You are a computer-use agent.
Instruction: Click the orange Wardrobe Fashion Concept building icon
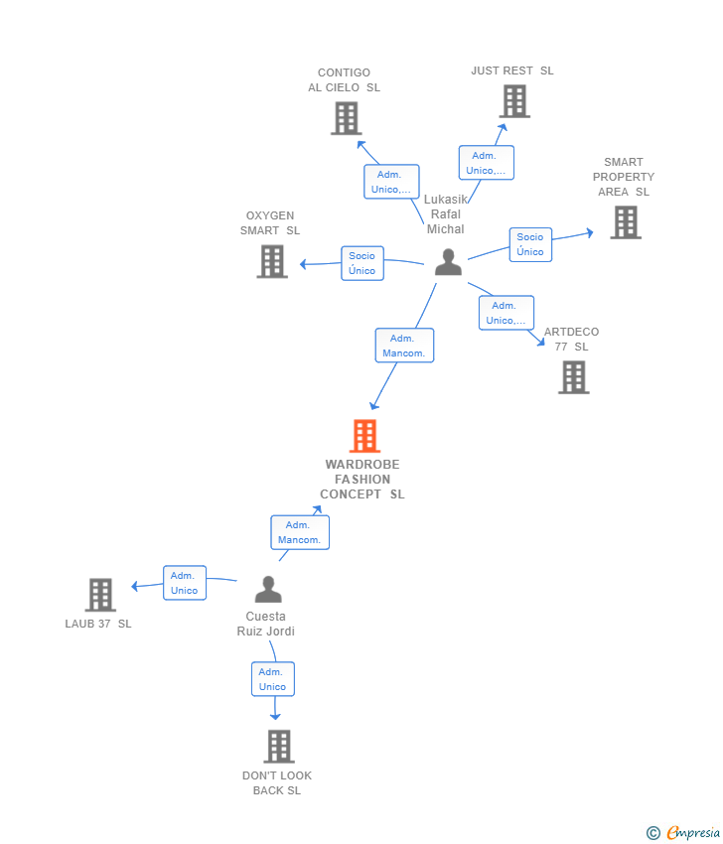[364, 436]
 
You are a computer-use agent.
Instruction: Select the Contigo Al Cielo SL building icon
[346, 118]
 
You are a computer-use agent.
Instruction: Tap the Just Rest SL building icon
[514, 101]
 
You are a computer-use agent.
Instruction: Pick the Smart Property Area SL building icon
[625, 222]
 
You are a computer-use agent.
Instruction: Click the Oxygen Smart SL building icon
[272, 261]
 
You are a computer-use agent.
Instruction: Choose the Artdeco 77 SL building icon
[573, 377]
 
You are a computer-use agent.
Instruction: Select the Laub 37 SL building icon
[100, 595]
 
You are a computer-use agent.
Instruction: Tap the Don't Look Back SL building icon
[279, 746]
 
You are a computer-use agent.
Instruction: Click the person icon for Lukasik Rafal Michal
[448, 262]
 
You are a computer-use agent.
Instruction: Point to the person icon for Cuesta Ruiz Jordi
[268, 590]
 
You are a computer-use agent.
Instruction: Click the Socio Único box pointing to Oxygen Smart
[361, 263]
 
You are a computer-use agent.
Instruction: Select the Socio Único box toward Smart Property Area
[530, 244]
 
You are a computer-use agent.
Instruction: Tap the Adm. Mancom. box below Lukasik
[404, 346]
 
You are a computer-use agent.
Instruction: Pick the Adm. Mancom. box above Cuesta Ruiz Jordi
[299, 532]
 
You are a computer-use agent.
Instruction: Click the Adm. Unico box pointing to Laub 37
[184, 583]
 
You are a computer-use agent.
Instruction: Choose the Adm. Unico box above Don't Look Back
[272, 679]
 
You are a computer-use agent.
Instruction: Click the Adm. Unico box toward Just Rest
[486, 163]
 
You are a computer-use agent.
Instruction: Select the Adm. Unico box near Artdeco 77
[506, 313]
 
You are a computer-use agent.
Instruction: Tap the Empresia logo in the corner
[682, 833]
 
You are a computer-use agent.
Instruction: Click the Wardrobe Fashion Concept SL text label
[362, 480]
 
